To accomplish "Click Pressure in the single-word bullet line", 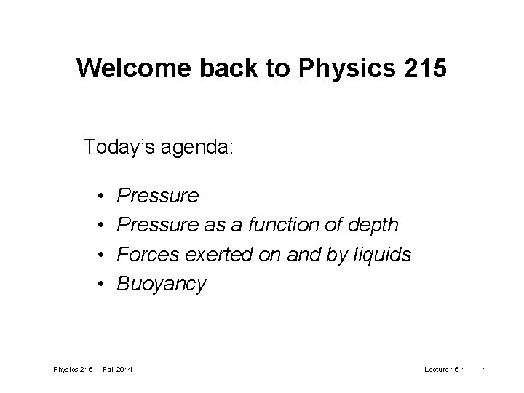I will [x=157, y=196].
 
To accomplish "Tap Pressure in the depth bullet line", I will [x=157, y=226].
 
